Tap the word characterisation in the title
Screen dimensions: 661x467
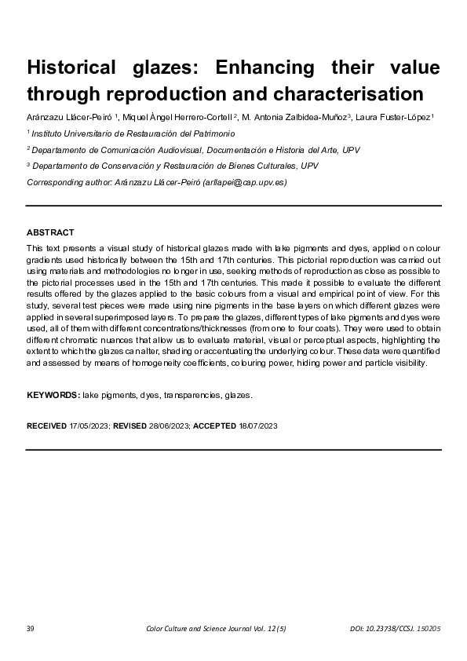[x=339, y=94]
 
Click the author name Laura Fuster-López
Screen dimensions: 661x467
[x=392, y=118]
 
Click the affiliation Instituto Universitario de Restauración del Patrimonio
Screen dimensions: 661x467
[x=133, y=134]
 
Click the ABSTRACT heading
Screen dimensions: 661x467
[x=50, y=232]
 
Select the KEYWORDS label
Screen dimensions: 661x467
[x=53, y=396]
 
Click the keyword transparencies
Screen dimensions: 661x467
[x=192, y=396]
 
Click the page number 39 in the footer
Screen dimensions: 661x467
[x=31, y=628]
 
